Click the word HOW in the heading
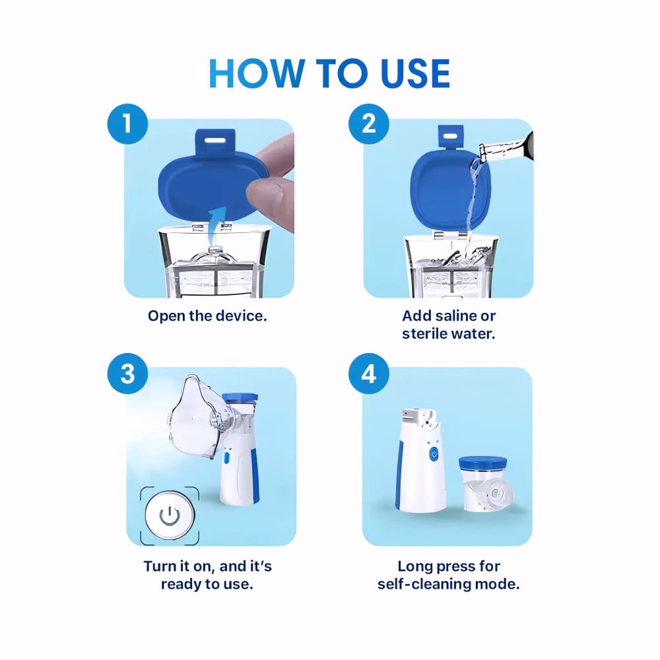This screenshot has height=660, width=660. click(x=256, y=73)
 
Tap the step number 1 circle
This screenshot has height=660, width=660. click(x=127, y=124)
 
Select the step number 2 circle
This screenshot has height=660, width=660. click(x=369, y=124)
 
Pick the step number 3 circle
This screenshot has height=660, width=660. click(x=127, y=374)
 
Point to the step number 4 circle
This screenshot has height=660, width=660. click(x=369, y=374)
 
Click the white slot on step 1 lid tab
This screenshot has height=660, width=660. click(x=214, y=139)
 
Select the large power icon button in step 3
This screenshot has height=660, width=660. click(x=170, y=515)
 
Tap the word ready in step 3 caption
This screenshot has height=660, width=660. click(x=181, y=585)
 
